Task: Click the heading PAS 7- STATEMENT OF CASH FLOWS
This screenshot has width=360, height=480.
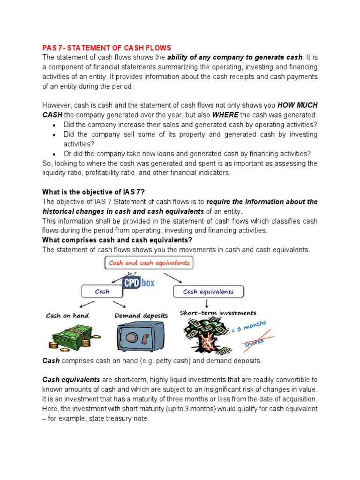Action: pyautogui.click(x=107, y=48)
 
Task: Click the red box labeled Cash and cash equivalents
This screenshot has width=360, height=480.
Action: pyautogui.click(x=149, y=263)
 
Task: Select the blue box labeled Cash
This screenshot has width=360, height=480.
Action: pyautogui.click(x=102, y=292)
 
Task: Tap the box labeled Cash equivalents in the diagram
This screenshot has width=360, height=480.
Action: pyautogui.click(x=208, y=292)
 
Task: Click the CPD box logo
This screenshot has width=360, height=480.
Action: pyautogui.click(x=138, y=283)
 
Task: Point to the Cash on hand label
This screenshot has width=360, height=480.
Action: pyautogui.click(x=67, y=315)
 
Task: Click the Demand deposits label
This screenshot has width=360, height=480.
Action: pyautogui.click(x=141, y=315)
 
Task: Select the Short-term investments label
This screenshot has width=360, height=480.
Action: pyautogui.click(x=218, y=313)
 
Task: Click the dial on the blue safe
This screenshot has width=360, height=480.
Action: pyautogui.click(x=135, y=337)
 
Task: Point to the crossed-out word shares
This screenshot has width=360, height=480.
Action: pyautogui.click(x=254, y=344)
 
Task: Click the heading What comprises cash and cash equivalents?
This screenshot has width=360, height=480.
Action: pyautogui.click(x=117, y=240)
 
